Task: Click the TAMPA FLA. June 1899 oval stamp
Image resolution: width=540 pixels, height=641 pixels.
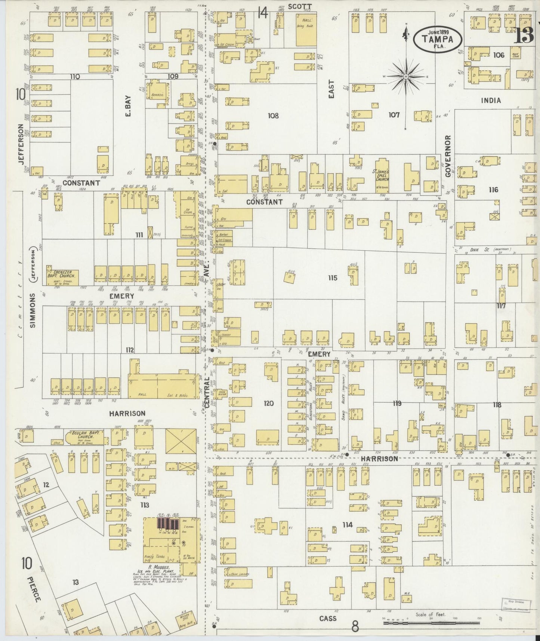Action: click(437, 38)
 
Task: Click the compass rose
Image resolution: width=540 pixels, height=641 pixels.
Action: click(406, 77)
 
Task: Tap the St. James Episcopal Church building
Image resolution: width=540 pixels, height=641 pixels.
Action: click(383, 174)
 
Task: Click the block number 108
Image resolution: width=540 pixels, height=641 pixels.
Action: click(273, 116)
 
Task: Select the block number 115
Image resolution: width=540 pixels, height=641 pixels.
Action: click(332, 278)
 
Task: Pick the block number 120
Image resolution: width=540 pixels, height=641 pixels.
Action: click(268, 403)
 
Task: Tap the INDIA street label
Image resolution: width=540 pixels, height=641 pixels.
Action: click(491, 100)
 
